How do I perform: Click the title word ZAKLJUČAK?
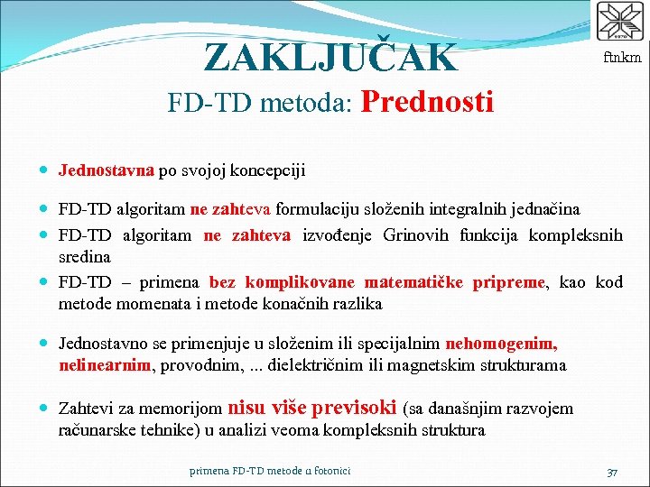pyautogui.click(x=331, y=57)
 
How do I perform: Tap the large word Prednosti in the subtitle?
pyautogui.click(x=426, y=102)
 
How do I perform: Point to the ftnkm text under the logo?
pyautogui.click(x=622, y=57)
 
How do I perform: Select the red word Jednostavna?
pyautogui.click(x=107, y=170)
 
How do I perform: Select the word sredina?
pyautogui.click(x=85, y=258)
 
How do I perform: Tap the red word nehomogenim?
pyautogui.click(x=502, y=344)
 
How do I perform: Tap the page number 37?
pyautogui.click(x=612, y=472)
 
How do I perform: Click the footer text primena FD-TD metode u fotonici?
pyautogui.click(x=270, y=471)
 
